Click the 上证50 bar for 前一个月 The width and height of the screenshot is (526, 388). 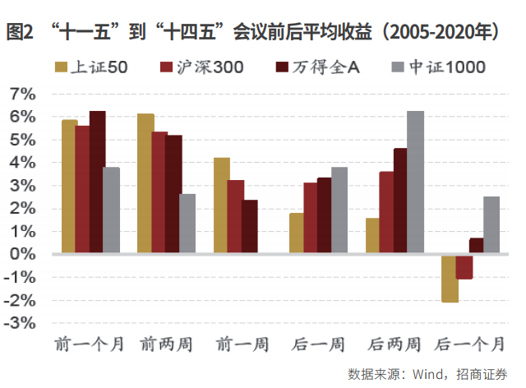click(69, 187)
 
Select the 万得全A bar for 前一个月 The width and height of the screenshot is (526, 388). click(98, 182)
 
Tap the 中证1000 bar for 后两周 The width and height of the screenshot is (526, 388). click(416, 182)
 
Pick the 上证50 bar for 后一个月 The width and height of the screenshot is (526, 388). click(450, 278)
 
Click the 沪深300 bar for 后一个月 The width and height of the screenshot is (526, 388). click(464, 266)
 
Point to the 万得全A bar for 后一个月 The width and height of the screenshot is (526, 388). click(477, 246)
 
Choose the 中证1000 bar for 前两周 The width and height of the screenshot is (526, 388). click(187, 224)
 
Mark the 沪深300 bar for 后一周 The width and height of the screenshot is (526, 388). click(311, 218)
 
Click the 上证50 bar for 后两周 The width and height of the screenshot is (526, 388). click(373, 236)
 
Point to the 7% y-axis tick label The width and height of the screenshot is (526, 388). click(24, 95)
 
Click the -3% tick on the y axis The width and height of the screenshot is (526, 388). click(21, 323)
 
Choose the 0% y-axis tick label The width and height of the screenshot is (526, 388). click(24, 254)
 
